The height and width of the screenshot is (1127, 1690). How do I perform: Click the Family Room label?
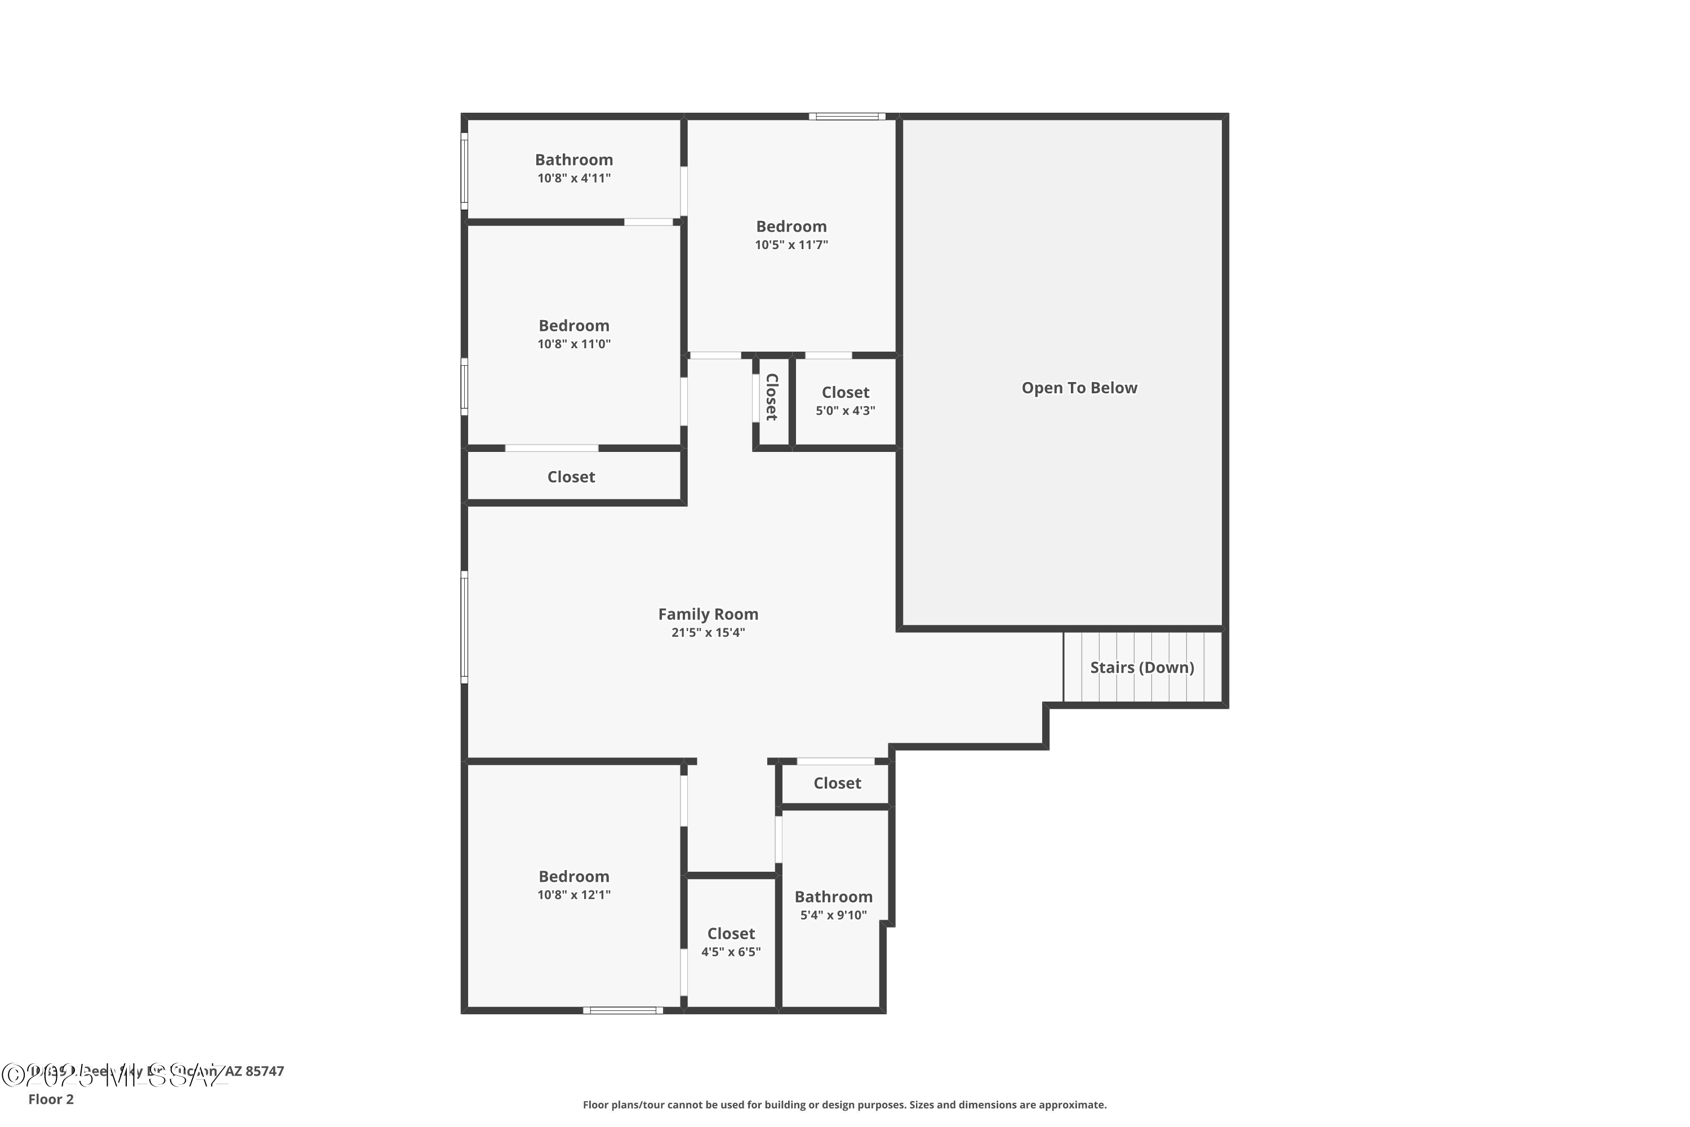tap(708, 614)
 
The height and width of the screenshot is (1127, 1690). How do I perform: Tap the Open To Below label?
tap(1079, 388)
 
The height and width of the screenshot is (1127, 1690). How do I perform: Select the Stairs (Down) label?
tap(1142, 667)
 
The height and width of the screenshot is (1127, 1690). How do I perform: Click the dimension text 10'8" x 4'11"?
tap(573, 178)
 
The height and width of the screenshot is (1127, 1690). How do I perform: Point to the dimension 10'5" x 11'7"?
tap(790, 245)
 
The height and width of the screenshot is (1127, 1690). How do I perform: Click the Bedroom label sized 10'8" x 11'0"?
tap(573, 326)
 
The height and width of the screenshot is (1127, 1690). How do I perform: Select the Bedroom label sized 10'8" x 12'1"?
tap(573, 876)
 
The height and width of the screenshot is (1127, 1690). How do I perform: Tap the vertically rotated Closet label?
tap(772, 397)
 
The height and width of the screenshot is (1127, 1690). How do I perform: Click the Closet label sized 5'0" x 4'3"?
tap(845, 392)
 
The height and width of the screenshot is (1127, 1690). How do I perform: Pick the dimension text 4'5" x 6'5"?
tap(731, 952)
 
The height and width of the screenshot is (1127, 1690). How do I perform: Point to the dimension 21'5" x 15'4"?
tap(708, 632)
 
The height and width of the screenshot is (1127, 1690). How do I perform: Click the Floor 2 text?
tap(51, 1099)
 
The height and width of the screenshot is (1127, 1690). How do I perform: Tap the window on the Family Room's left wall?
tap(464, 627)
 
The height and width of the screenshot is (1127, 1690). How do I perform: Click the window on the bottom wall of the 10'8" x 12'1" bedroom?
tap(622, 1010)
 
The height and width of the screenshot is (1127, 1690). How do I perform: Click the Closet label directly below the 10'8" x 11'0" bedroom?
tap(571, 477)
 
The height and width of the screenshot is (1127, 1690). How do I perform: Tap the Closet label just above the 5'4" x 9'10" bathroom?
tap(837, 783)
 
